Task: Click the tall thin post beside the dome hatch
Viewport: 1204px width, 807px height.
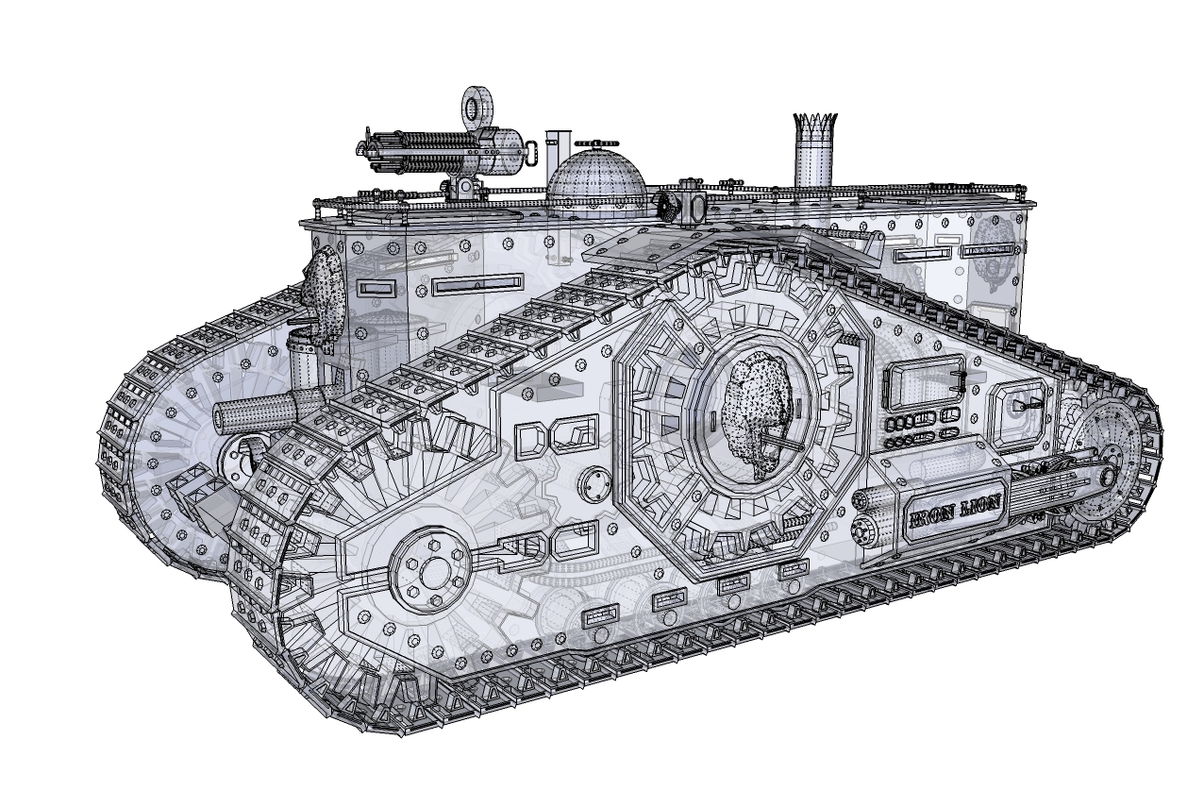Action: [555, 151]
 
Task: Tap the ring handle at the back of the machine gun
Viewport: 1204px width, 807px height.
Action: [532, 150]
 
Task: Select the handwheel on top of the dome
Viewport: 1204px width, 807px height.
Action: [598, 144]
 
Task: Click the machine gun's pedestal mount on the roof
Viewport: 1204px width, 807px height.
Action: [464, 186]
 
